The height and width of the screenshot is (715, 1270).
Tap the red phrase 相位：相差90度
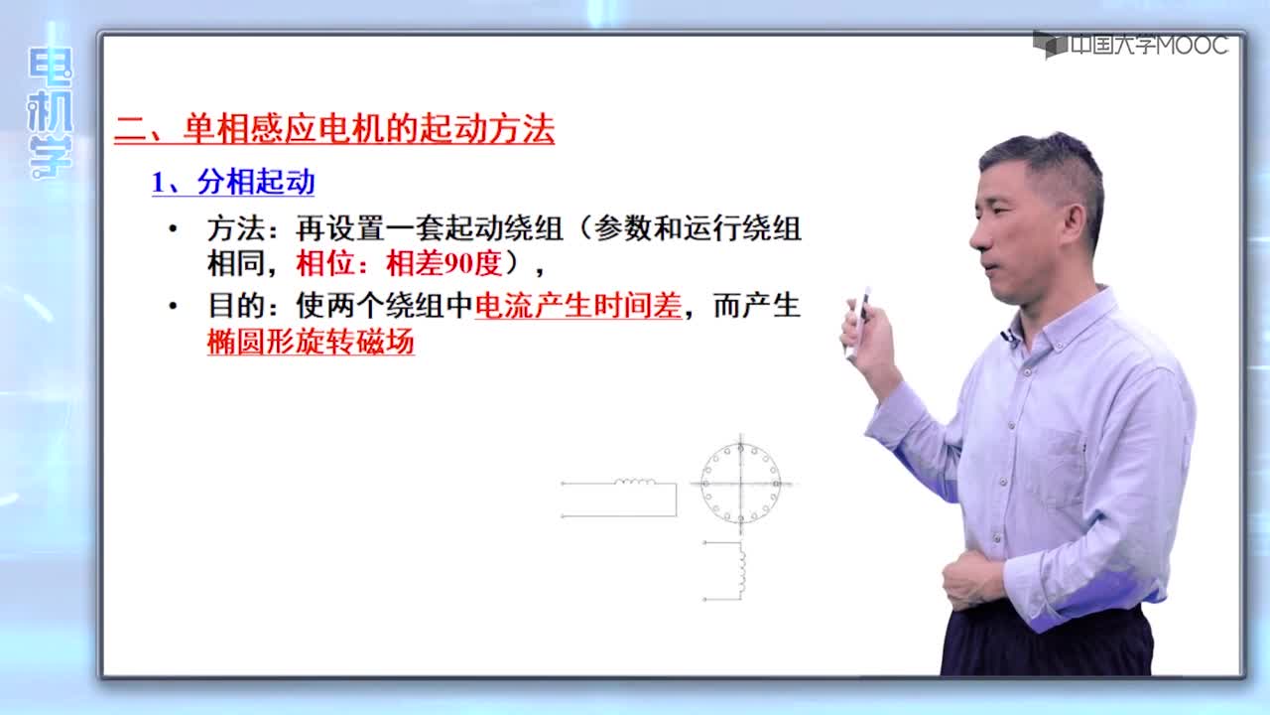(399, 264)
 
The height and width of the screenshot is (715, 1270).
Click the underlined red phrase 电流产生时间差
(577, 306)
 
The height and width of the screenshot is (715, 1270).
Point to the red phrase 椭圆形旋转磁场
(311, 342)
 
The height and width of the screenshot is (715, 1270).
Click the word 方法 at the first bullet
(236, 229)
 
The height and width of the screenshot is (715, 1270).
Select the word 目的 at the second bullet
(236, 306)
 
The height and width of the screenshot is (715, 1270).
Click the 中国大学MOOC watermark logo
(1131, 45)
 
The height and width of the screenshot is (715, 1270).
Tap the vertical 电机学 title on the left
(50, 112)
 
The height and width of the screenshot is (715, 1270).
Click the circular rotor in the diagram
(701, 484)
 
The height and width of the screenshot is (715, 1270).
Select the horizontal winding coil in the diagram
(635, 482)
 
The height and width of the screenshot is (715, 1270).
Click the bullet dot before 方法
(174, 229)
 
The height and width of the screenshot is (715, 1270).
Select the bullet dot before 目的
(174, 307)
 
